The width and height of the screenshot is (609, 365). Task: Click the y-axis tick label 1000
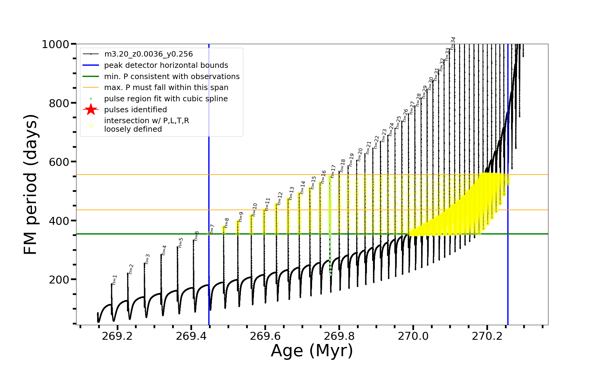coord(55,44)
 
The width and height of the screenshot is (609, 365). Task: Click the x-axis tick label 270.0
coord(413,336)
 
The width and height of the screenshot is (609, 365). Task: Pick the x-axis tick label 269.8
coord(339,336)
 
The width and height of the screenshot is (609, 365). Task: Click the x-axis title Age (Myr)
coord(312,351)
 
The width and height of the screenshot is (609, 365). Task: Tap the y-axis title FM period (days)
coord(31,184)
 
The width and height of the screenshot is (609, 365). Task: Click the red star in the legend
coord(91,109)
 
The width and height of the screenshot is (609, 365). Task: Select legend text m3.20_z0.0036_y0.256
coord(148,54)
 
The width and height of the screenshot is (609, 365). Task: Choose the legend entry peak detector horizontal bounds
coord(166,65)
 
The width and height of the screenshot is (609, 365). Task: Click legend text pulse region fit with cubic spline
coord(166,99)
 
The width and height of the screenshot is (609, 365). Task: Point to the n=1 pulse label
coord(114,280)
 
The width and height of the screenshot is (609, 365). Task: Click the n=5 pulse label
coord(181,243)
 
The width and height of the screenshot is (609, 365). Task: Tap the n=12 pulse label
coord(280,198)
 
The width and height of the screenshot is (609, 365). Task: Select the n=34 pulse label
coord(453,43)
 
